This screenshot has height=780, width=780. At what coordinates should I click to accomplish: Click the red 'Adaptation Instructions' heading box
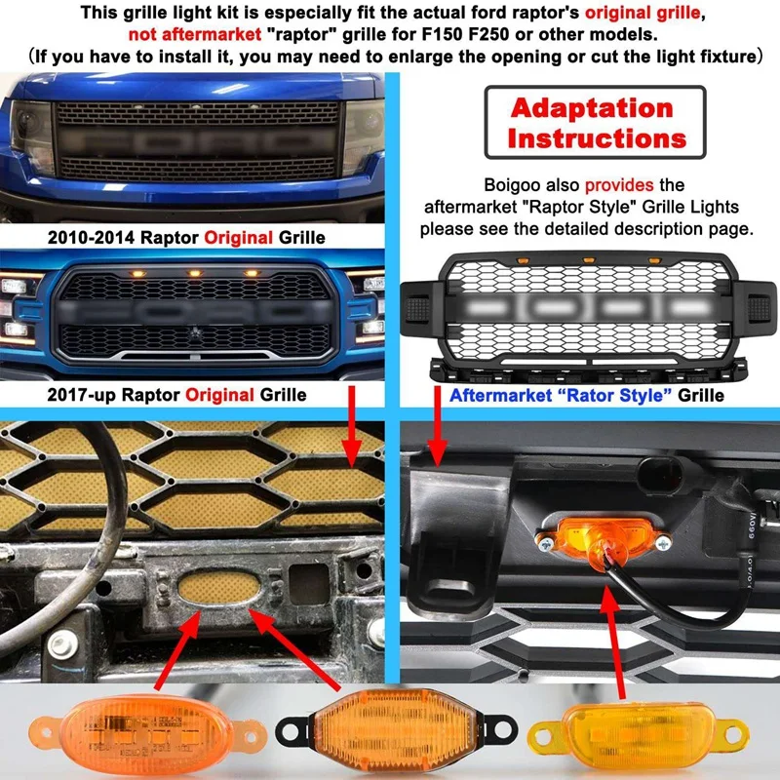point(591,123)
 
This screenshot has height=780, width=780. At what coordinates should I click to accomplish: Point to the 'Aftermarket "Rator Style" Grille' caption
point(586,395)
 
